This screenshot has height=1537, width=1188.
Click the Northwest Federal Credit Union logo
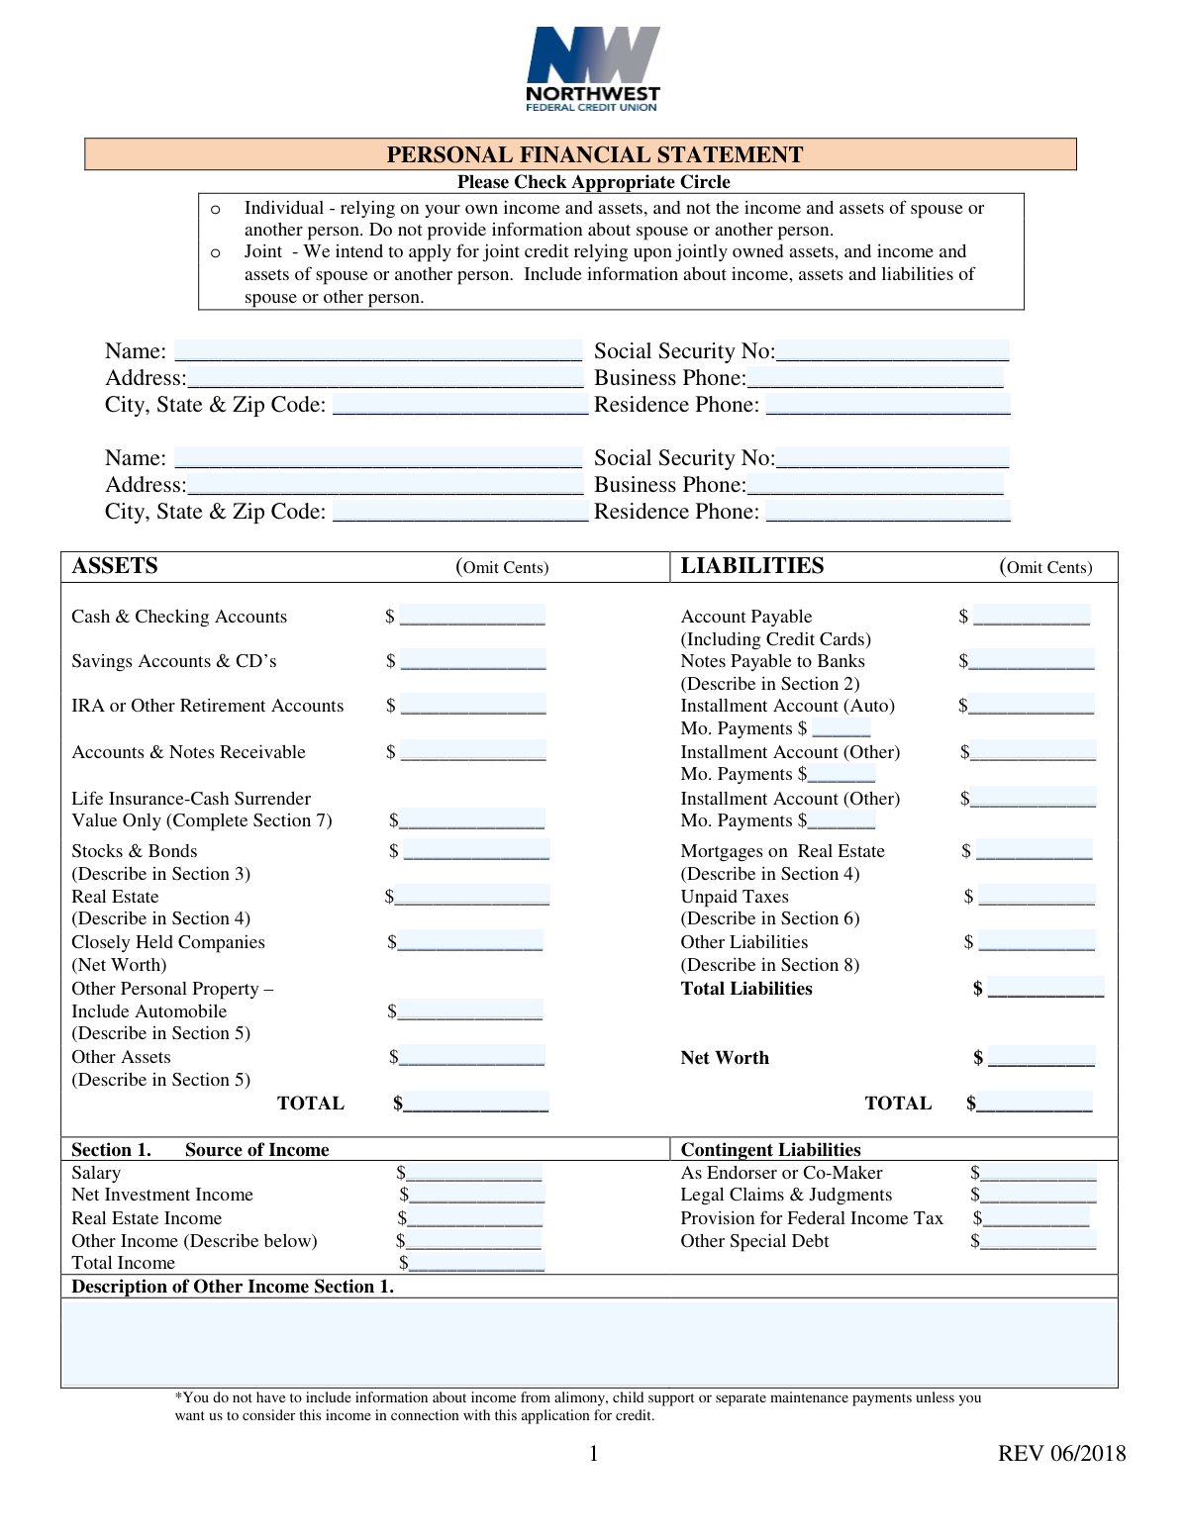point(593,69)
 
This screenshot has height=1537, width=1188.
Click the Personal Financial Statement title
point(594,154)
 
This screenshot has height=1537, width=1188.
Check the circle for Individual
point(216,209)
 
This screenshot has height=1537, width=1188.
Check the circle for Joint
point(216,252)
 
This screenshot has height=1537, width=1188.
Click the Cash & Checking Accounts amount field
point(472,616)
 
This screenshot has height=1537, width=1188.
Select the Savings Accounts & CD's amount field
point(472,660)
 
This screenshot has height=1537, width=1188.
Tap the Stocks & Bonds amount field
point(475,850)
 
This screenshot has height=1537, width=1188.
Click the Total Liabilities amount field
point(1045,988)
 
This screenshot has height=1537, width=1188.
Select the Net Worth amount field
point(1041,1057)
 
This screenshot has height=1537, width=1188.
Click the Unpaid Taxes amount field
point(1037,896)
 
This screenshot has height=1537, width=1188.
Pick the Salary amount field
point(474,1173)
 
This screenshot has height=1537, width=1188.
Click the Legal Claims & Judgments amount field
point(1038,1195)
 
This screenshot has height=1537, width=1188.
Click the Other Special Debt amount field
point(1038,1241)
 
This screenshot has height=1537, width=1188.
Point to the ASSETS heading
point(115,566)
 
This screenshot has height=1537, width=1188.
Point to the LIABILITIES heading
point(752,566)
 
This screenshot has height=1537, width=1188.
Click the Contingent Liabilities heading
point(770,1149)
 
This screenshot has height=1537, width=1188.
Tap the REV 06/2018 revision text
point(1061,1453)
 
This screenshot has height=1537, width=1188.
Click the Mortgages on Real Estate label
point(782,851)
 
